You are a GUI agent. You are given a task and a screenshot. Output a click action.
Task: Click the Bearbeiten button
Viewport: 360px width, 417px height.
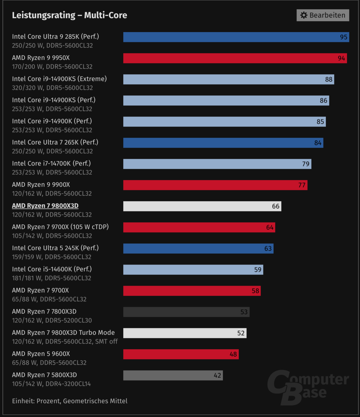click(323, 15)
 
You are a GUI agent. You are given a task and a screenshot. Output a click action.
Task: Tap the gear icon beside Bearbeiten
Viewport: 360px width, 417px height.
click(304, 15)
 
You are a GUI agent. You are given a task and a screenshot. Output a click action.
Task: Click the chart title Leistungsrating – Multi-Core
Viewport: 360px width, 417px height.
click(70, 15)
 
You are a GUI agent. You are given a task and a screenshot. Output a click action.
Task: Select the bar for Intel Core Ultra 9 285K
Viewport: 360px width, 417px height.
click(236, 37)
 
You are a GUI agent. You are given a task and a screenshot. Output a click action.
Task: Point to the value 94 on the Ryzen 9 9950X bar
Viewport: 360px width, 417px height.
click(341, 58)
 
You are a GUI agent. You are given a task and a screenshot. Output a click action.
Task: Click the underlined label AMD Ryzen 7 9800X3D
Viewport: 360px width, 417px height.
click(45, 206)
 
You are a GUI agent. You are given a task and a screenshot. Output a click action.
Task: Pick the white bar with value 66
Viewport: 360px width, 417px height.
click(202, 206)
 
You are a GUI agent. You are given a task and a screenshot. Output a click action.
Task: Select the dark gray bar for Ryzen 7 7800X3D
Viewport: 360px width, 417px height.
click(186, 312)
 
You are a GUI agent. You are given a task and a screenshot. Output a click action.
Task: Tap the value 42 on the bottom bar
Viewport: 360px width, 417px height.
click(217, 376)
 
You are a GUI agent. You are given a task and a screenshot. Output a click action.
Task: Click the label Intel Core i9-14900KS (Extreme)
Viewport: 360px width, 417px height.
click(59, 79)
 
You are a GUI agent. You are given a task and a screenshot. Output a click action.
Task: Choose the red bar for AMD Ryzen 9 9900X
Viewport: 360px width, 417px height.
click(215, 185)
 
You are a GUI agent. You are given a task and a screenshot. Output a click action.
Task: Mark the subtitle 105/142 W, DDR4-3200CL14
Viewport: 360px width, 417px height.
click(51, 384)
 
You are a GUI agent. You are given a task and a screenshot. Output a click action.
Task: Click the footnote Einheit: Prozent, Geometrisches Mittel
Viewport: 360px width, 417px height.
click(70, 401)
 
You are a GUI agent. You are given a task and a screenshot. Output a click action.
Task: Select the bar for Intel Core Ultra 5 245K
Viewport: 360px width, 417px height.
click(198, 248)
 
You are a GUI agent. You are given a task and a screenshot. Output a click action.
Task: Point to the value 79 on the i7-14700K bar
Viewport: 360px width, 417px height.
click(306, 164)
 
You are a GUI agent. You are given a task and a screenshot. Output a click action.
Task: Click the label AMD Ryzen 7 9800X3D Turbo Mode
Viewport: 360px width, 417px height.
click(63, 333)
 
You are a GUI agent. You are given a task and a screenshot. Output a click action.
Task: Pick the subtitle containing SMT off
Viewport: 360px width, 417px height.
click(65, 342)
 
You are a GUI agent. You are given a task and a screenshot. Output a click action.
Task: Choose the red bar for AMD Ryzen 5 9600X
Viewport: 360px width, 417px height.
click(181, 354)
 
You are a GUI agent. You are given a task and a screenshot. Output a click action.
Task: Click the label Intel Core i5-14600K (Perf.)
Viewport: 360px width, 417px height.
click(52, 269)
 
